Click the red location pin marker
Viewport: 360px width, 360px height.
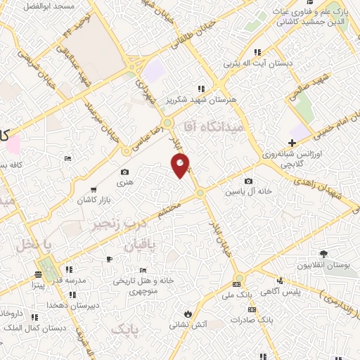(180, 165)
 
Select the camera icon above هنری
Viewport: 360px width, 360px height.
(124, 172)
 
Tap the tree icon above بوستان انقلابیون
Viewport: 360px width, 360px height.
(323, 254)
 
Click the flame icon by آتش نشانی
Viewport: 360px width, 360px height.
(188, 313)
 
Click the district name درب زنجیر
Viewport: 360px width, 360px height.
(109, 225)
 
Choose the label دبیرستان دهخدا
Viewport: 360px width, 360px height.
(66, 305)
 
